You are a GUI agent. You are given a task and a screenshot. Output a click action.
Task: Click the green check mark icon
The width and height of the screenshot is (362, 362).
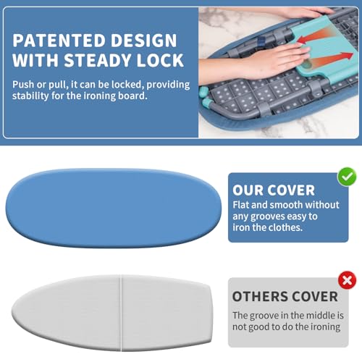click(x=348, y=175)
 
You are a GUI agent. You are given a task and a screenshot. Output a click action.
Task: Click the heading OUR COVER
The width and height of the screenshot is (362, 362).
click(x=274, y=190)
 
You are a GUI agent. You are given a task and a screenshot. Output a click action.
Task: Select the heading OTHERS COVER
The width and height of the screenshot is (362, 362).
click(x=285, y=297)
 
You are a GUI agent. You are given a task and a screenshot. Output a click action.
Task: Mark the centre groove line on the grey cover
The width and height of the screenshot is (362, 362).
click(x=119, y=310)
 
